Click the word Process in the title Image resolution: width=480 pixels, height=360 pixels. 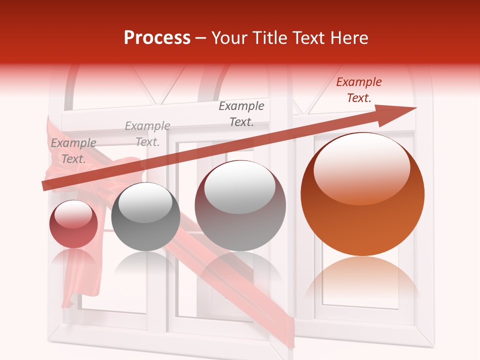tap(157, 38)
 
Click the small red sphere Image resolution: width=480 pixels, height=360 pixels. tap(73, 224)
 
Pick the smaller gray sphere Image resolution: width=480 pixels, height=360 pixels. tap(145, 216)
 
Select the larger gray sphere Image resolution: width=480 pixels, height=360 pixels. tap(240, 205)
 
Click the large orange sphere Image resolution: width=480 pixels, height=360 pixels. tap(362, 194)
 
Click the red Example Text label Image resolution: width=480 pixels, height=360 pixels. tap(359, 90)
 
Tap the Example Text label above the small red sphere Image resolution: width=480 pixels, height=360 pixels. tap(73, 151)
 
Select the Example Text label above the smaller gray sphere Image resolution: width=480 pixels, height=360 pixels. tap(147, 134)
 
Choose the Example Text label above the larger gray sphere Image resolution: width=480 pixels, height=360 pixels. tap(241, 113)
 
